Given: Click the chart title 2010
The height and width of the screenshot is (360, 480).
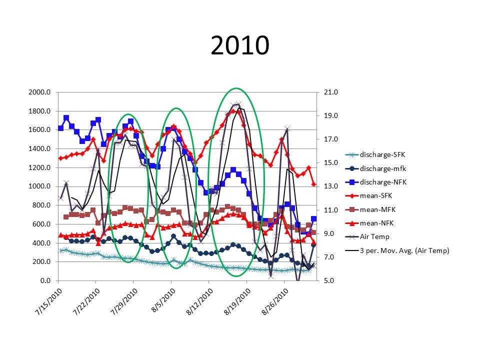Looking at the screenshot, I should [240, 46].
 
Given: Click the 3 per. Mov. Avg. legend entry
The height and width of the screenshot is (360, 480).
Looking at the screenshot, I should [395, 250].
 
